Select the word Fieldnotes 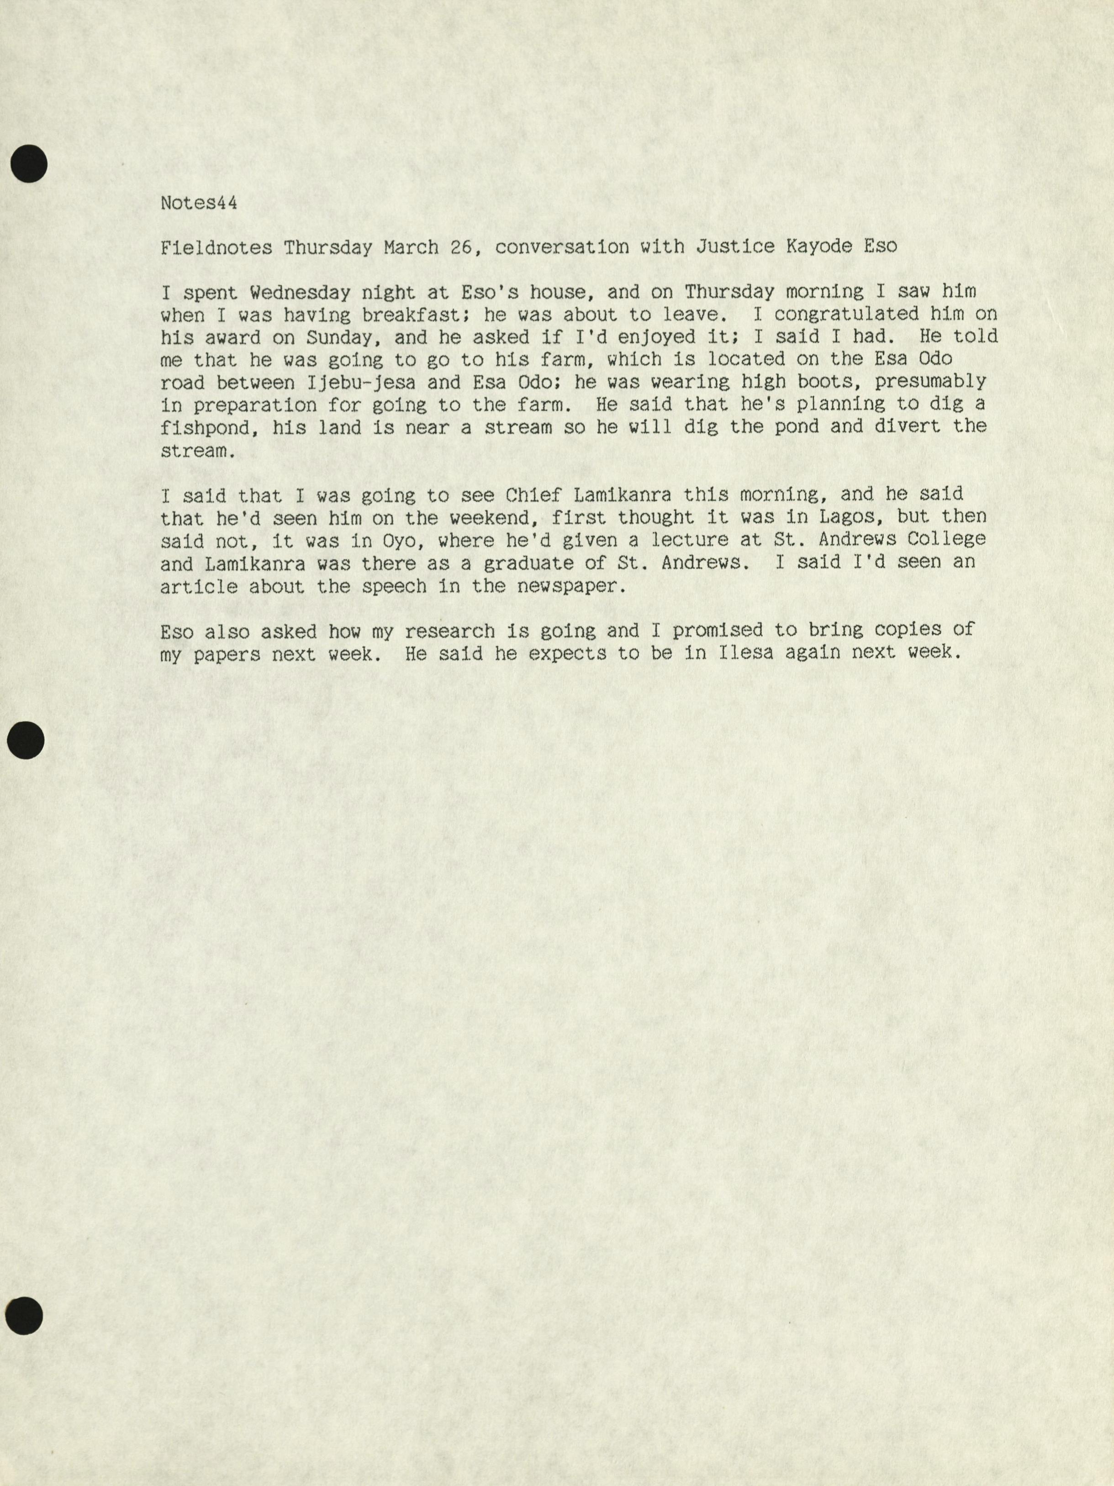pos(216,248)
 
